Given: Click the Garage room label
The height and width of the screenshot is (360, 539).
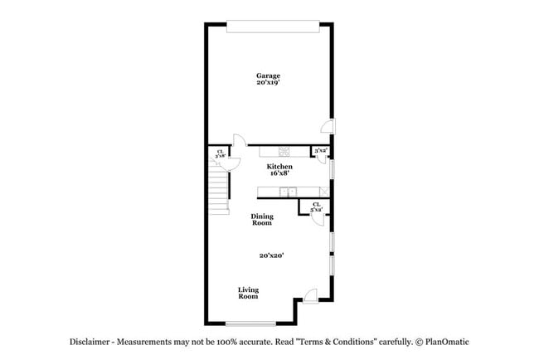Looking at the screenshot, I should point(268,76).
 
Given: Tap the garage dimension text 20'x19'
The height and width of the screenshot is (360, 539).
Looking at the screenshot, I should point(268,83).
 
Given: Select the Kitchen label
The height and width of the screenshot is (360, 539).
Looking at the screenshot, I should point(279,167).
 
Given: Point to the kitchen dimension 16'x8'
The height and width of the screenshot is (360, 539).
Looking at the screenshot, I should point(279,173).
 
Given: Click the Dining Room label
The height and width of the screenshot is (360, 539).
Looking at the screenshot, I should point(262,220).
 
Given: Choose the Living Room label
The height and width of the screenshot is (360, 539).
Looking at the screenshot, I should point(249,293).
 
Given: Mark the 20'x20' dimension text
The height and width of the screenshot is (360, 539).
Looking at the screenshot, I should point(271,256).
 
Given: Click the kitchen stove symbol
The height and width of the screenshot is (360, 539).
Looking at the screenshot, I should point(284,152).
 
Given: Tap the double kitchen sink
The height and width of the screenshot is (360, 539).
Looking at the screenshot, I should point(289,192).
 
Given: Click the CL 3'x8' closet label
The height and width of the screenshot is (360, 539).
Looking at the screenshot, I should point(220,153).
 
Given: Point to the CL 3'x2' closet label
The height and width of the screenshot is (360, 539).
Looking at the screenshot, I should point(316,207).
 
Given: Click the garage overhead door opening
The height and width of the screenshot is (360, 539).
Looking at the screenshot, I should point(271,27).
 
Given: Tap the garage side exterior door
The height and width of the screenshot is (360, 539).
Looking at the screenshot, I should point(328,126).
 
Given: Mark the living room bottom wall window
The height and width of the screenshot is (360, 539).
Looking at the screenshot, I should point(251,324).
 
